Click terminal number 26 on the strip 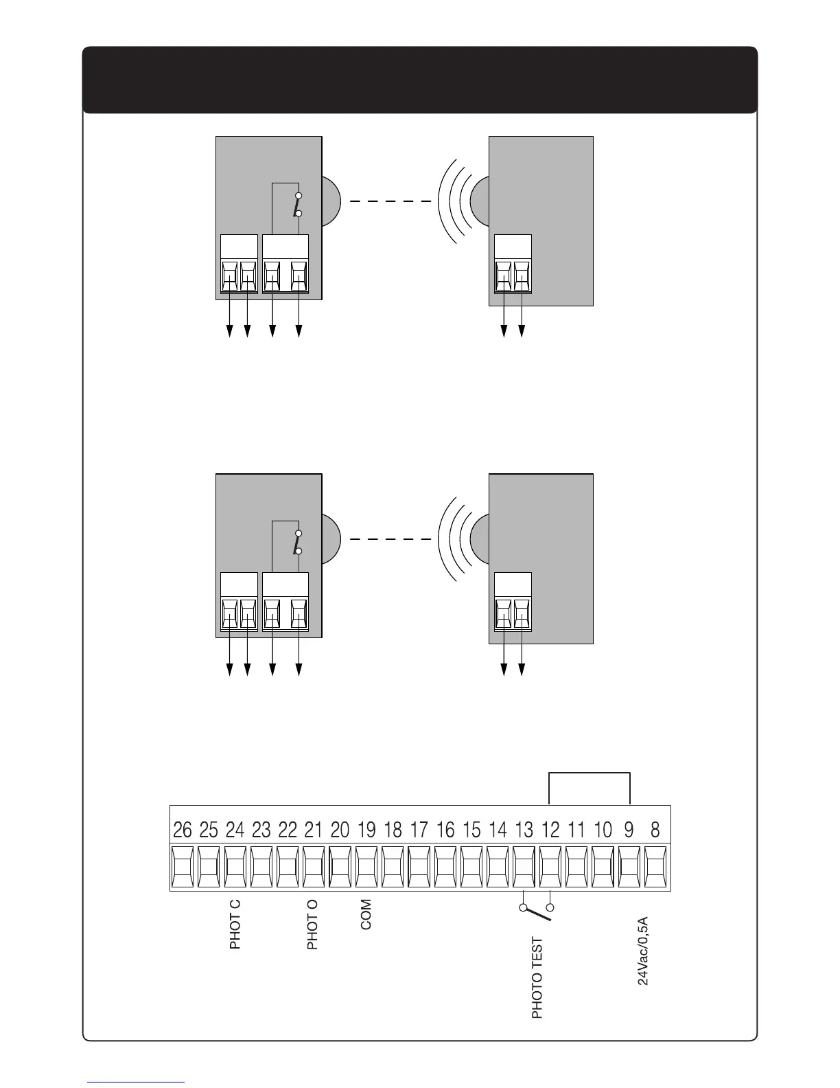(183, 830)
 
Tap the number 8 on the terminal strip (655, 830)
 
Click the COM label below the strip (366, 914)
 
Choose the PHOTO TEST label (537, 977)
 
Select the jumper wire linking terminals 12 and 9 (590, 774)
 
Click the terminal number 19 (366, 830)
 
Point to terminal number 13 (524, 830)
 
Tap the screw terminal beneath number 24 (235, 868)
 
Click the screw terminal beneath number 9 (629, 868)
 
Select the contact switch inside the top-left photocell (297, 205)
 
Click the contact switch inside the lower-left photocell (297, 543)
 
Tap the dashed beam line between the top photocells (390, 202)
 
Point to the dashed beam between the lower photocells (390, 540)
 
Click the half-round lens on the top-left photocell (330, 202)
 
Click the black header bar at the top (420, 79)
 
